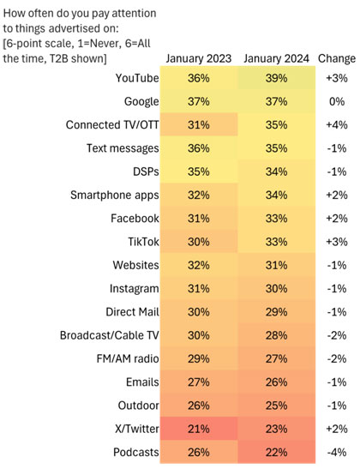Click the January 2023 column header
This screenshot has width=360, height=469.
tap(199, 58)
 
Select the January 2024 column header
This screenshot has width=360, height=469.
tap(276, 58)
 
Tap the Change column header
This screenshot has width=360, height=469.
tap(337, 58)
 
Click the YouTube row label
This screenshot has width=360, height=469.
tap(137, 78)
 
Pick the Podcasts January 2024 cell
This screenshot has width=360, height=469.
tap(277, 452)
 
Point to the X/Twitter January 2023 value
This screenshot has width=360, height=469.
tap(199, 429)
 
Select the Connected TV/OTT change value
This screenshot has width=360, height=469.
tap(337, 124)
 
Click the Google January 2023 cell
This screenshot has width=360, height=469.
tap(199, 101)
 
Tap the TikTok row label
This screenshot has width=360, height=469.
tap(143, 242)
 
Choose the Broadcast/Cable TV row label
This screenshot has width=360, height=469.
tap(110, 335)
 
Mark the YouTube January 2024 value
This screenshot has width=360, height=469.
tap(276, 78)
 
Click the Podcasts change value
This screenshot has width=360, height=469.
tap(337, 452)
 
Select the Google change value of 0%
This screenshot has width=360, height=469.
tap(337, 101)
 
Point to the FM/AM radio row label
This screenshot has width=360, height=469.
tap(128, 358)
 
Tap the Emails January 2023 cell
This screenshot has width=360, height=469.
tap(199, 382)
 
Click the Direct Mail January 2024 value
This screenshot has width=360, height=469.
tap(276, 312)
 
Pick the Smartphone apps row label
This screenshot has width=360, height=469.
tap(115, 195)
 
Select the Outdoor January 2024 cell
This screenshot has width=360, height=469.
tap(277, 406)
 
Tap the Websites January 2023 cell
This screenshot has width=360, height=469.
tap(199, 265)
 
